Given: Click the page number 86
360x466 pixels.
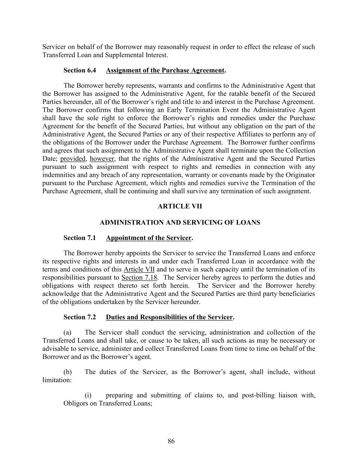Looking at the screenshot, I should click(171, 441).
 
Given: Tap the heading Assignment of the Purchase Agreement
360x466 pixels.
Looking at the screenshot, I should click(165, 70).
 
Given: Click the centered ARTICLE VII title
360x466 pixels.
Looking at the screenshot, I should click(180, 206).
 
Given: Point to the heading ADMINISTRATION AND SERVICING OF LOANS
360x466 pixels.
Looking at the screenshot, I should click(180, 223).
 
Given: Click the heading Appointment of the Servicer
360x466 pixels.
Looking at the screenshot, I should click(149, 238).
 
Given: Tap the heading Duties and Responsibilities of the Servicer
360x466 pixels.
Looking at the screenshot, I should click(169, 317).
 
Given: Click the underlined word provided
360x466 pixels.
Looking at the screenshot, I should click(73, 159).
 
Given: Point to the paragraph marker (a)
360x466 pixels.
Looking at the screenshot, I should click(68, 333).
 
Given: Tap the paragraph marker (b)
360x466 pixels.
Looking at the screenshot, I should click(68, 372).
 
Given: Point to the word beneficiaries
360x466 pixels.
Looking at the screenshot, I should click(297, 294).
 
